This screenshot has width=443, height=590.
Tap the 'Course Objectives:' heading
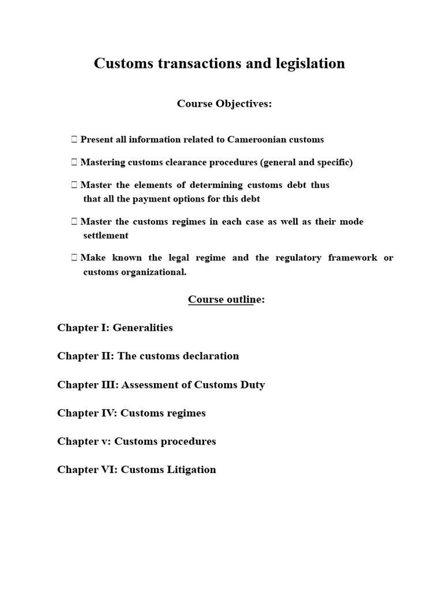(x=224, y=104)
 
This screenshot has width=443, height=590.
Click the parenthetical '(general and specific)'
(x=306, y=162)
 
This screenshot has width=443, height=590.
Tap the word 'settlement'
(x=106, y=236)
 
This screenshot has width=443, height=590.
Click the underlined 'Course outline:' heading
(x=226, y=300)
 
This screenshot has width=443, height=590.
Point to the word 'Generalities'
(x=142, y=328)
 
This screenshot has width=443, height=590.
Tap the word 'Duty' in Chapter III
(x=253, y=384)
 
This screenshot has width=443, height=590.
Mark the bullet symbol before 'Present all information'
(x=74, y=139)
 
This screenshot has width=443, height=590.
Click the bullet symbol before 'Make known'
(x=74, y=258)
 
